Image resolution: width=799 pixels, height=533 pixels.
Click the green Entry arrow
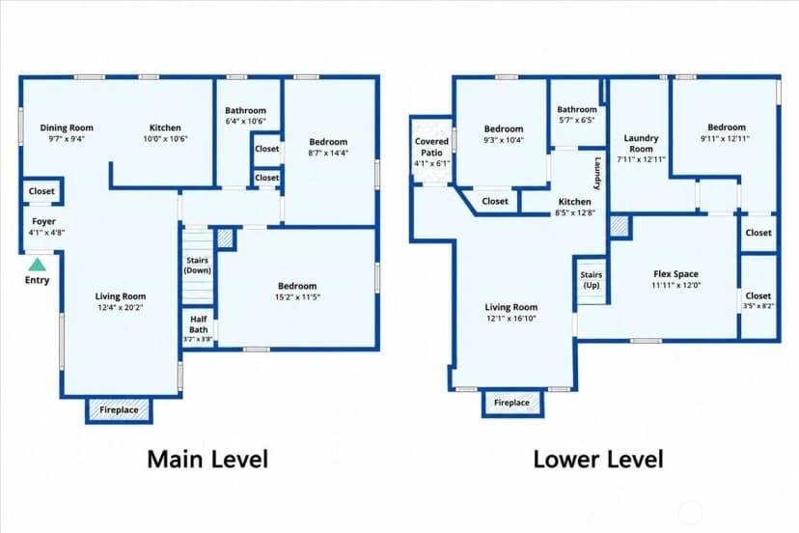[x=37, y=265]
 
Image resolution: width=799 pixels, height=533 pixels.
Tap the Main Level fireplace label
[x=119, y=409]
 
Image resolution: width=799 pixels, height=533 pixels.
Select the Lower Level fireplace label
[x=511, y=403]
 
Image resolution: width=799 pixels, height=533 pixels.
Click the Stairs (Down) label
[x=197, y=266]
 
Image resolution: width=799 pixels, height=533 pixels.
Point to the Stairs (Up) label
[x=592, y=280]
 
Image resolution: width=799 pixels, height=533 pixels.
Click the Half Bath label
[x=198, y=324]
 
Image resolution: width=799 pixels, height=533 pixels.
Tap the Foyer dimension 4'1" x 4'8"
[x=46, y=233]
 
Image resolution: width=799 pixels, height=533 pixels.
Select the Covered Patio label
[x=431, y=147]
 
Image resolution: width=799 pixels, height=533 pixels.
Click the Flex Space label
[x=675, y=274]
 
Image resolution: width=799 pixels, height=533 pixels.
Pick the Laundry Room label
[x=641, y=143]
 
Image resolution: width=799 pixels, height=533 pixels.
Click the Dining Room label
[x=67, y=127]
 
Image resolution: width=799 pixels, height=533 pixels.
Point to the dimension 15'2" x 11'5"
[x=297, y=296]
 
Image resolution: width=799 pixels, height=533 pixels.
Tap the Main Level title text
[x=207, y=459]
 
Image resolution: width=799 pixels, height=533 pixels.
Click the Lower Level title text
[x=598, y=459]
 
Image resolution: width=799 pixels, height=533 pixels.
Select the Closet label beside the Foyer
[x=41, y=191]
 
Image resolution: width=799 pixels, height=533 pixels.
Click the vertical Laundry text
[x=597, y=174]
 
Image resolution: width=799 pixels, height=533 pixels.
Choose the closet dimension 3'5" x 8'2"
[x=758, y=306]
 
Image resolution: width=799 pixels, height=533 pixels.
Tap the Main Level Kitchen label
[x=165, y=127]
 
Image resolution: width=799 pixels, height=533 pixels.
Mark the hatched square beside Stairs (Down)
[x=225, y=238]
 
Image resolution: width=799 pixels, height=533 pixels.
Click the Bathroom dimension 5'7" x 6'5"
[x=577, y=121]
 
